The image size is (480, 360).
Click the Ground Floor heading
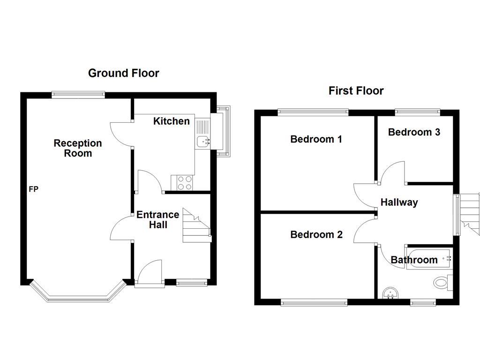tap(123, 73)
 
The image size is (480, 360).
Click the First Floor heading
tap(356, 90)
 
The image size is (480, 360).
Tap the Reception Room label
tap(77, 148)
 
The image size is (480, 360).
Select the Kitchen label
tap(172, 121)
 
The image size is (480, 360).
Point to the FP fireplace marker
tap(33, 189)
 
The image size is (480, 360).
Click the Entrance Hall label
tap(157, 219)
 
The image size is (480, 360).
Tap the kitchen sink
tap(203, 140)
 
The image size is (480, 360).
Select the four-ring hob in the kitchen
tap(183, 182)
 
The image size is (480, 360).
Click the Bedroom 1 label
tap(316, 139)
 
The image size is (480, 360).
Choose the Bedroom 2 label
tap(316, 234)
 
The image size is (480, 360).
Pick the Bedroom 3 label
tap(414, 132)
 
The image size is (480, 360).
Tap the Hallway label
tap(399, 202)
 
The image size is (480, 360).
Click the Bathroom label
tap(414, 260)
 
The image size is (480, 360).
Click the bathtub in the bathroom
tap(428, 258)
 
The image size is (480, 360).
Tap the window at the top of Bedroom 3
tap(417, 112)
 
